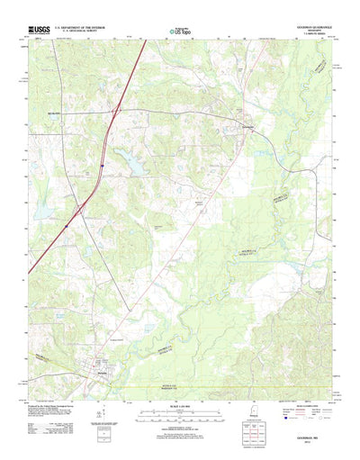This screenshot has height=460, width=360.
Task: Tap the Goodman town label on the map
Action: [247, 127]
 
